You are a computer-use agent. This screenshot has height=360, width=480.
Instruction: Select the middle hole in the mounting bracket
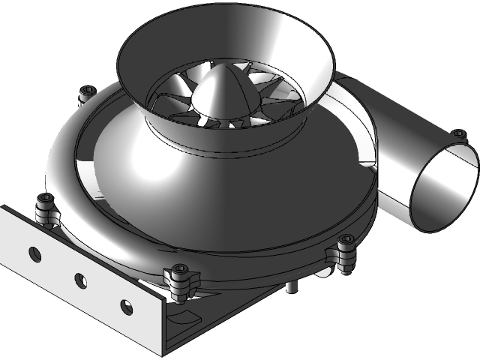(x=80, y=280)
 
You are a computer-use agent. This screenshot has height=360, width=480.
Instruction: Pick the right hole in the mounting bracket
(x=125, y=306)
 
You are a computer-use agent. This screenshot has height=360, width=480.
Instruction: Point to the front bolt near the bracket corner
(x=180, y=271)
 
